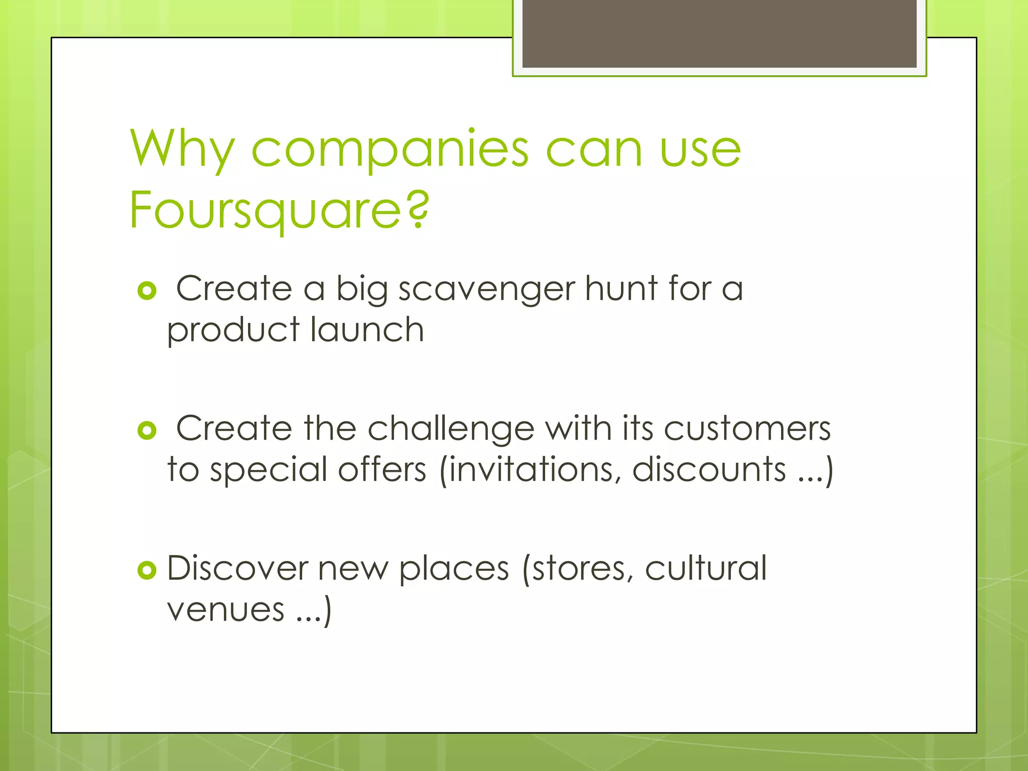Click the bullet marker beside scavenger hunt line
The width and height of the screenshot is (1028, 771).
click(x=147, y=291)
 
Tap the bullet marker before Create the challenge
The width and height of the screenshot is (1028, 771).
click(x=147, y=430)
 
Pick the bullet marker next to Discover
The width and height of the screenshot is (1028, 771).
click(x=147, y=570)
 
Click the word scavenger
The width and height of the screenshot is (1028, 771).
click(x=486, y=290)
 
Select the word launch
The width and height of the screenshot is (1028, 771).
click(x=367, y=330)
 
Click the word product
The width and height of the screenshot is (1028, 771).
click(x=233, y=331)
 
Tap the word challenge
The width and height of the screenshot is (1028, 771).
click(x=451, y=430)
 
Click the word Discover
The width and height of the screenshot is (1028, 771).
click(x=237, y=568)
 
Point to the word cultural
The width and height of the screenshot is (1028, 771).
click(x=705, y=568)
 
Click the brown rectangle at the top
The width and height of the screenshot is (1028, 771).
click(x=719, y=33)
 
